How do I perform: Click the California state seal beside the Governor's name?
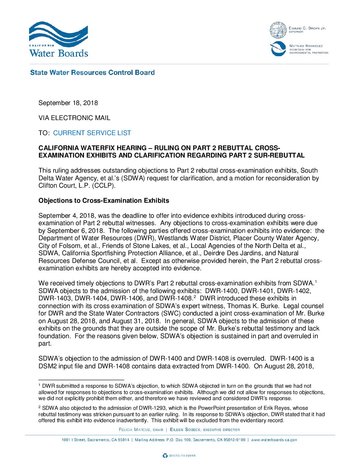coord(278,30)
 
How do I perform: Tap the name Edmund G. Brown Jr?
coord(307,28)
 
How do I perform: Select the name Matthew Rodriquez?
coord(306,46)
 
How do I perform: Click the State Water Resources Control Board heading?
coord(92,73)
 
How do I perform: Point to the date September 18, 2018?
coord(68,103)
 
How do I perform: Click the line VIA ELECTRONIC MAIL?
coord(74,118)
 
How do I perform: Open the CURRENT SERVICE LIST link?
coord(92,133)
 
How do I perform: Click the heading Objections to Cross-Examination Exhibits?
coord(104,201)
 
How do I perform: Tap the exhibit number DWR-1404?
coord(91,298)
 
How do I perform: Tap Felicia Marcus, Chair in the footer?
coord(141,430)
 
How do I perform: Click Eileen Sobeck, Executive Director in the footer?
coord(205,430)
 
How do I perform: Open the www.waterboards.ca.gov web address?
coord(274,440)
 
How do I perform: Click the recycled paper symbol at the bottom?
coord(165,456)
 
